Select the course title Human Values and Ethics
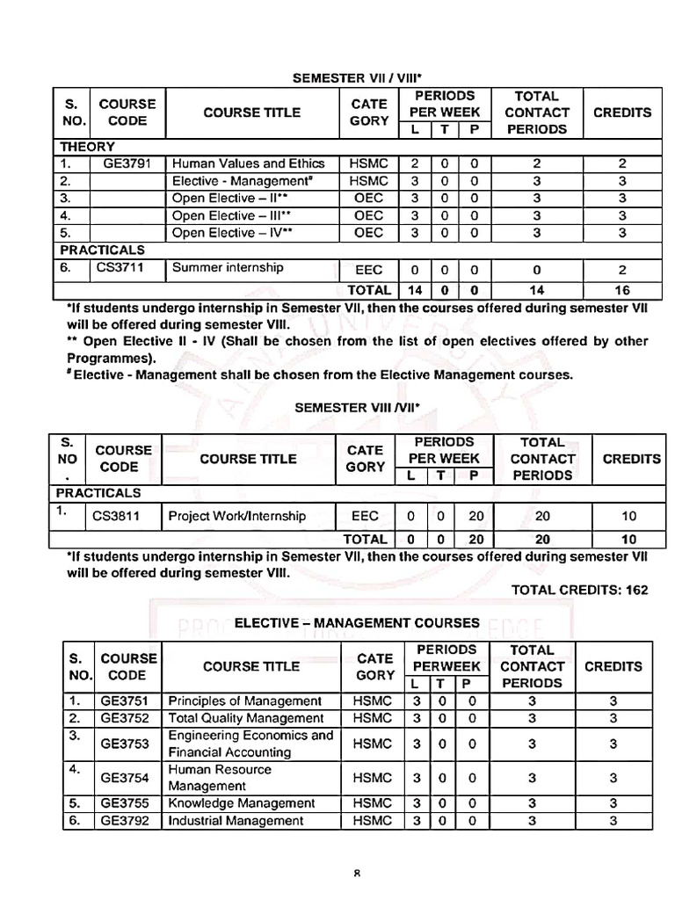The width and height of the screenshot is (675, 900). coord(248,163)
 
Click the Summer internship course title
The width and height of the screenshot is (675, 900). coord(228,268)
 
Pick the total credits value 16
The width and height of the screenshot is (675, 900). coord(622,290)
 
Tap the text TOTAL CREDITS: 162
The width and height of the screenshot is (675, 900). coord(579,590)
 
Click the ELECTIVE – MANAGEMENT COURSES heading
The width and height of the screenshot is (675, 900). coord(357,622)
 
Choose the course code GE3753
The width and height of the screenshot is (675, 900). coord(125,744)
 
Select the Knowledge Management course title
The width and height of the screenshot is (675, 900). coord(241,803)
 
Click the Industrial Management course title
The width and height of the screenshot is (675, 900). coord(236,821)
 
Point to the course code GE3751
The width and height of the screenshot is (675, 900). coord(125,701)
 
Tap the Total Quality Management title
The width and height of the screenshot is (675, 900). coord(245,718)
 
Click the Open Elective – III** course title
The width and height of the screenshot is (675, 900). coord(231,215)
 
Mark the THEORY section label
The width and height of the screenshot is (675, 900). coord(87,147)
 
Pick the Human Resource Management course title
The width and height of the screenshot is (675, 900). coord(220,778)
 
